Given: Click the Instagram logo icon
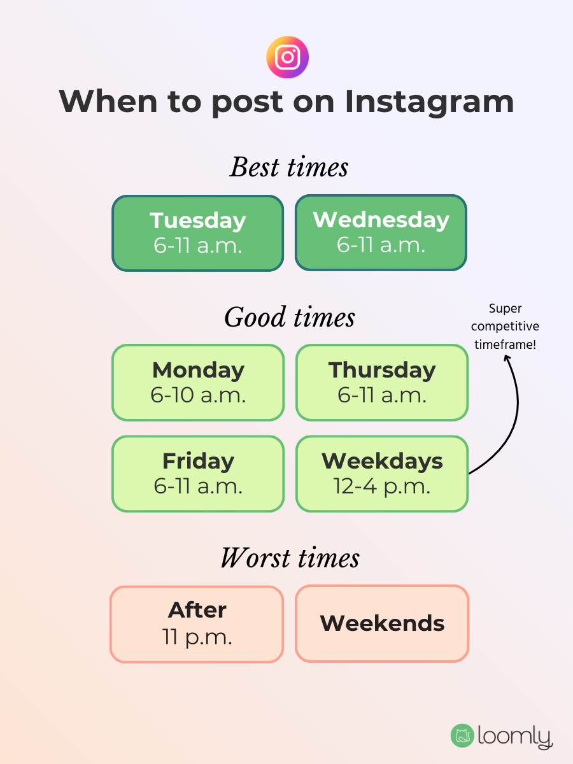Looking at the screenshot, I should click(287, 57).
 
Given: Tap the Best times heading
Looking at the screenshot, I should click(288, 167).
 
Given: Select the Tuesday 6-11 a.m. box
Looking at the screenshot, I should click(198, 233).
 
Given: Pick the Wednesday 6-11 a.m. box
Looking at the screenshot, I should click(381, 233).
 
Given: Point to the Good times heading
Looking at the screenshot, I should click(289, 317).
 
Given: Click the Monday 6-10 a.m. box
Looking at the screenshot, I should click(198, 383).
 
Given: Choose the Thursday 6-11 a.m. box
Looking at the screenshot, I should click(382, 383).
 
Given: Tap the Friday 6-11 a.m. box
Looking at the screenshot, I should click(198, 474).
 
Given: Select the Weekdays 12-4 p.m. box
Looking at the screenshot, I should click(382, 474).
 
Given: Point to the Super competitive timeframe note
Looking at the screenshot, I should click(505, 327).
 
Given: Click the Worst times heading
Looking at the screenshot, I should click(290, 558).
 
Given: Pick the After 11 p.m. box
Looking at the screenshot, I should click(197, 624).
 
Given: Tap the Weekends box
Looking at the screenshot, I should click(382, 624).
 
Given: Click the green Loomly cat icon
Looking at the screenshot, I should click(462, 735).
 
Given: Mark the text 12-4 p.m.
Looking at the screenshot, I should click(382, 486).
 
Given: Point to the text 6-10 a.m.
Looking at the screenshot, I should click(198, 395).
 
